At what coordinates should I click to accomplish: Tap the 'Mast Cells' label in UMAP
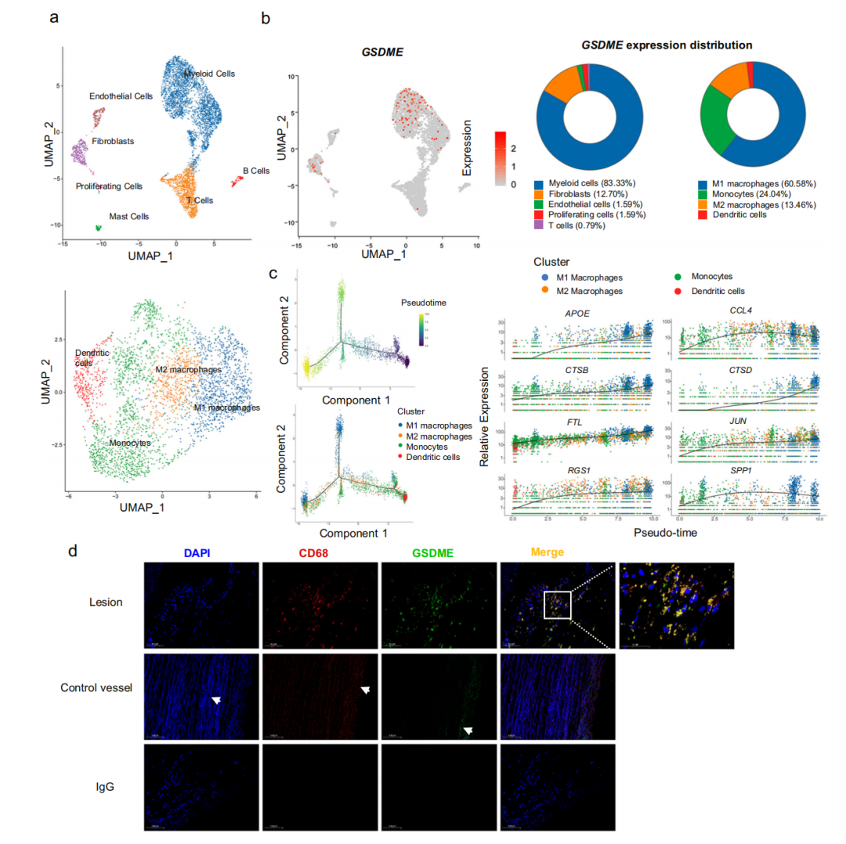129,216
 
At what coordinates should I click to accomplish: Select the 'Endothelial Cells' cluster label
121,96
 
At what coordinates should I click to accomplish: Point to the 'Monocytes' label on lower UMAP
129,443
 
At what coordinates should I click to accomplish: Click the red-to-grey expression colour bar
504,159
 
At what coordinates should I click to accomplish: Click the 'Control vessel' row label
96,687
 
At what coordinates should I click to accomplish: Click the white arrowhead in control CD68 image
364,690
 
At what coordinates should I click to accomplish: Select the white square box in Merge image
558,605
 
